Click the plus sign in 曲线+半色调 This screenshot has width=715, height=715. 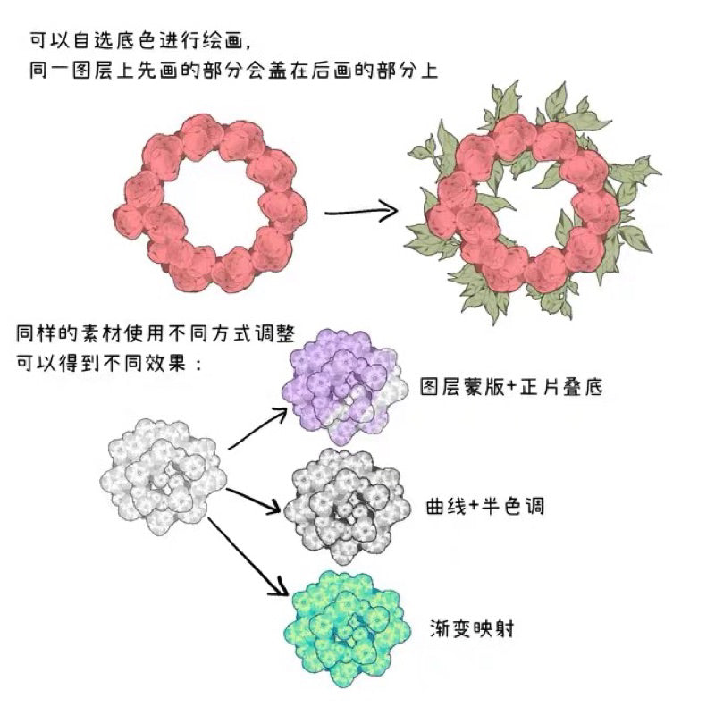click(x=475, y=507)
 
